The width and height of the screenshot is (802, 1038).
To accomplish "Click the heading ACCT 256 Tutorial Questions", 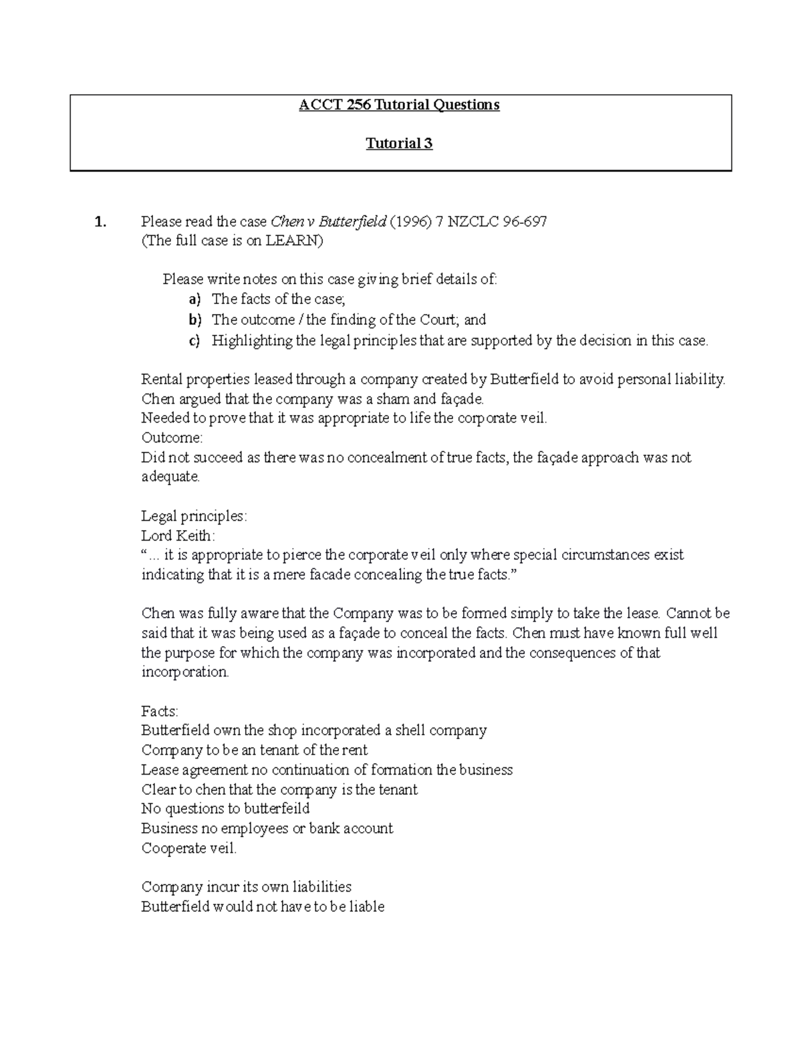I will pyautogui.click(x=399, y=105).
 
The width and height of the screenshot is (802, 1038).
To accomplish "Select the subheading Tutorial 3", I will pyautogui.click(x=399, y=144).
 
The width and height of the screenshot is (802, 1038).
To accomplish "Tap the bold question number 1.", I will pyautogui.click(x=100, y=222).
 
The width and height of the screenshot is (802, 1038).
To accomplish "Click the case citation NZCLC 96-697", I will pyautogui.click(x=497, y=222).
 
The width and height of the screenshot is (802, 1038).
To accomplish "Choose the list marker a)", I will pyautogui.click(x=194, y=299).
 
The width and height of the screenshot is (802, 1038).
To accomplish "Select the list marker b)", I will pyautogui.click(x=194, y=319).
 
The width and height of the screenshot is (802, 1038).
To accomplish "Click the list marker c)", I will pyautogui.click(x=194, y=341).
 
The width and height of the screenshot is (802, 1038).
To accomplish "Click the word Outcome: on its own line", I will pyautogui.click(x=172, y=438).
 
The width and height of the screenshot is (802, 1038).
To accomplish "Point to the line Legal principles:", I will pyautogui.click(x=194, y=517).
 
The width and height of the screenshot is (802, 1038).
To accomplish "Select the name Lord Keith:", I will pyautogui.click(x=178, y=536).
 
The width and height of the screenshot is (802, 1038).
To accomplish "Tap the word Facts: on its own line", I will pyautogui.click(x=160, y=711).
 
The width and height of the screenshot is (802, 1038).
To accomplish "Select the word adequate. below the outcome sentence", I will pyautogui.click(x=170, y=477).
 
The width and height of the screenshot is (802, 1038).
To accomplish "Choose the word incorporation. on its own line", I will pyautogui.click(x=185, y=672).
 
